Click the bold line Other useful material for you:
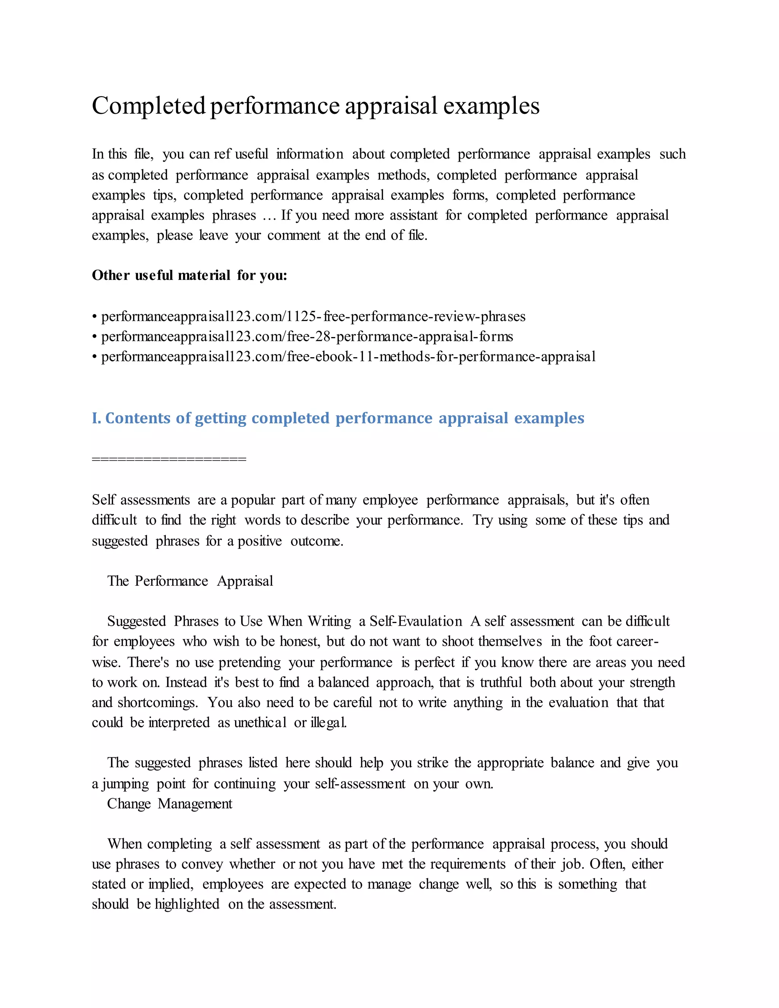[x=189, y=275]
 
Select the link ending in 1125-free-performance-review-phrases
[x=313, y=316]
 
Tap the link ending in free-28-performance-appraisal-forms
[x=307, y=337]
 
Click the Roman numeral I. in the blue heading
[x=96, y=418]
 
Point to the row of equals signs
[x=169, y=459]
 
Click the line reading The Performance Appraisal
[x=190, y=581]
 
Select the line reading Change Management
[x=169, y=803]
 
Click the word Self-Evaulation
[x=415, y=621]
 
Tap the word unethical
[x=260, y=722]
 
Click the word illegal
[x=328, y=722]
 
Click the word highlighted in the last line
[x=187, y=904]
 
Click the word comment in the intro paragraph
[x=294, y=235]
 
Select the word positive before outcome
[x=259, y=541]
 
